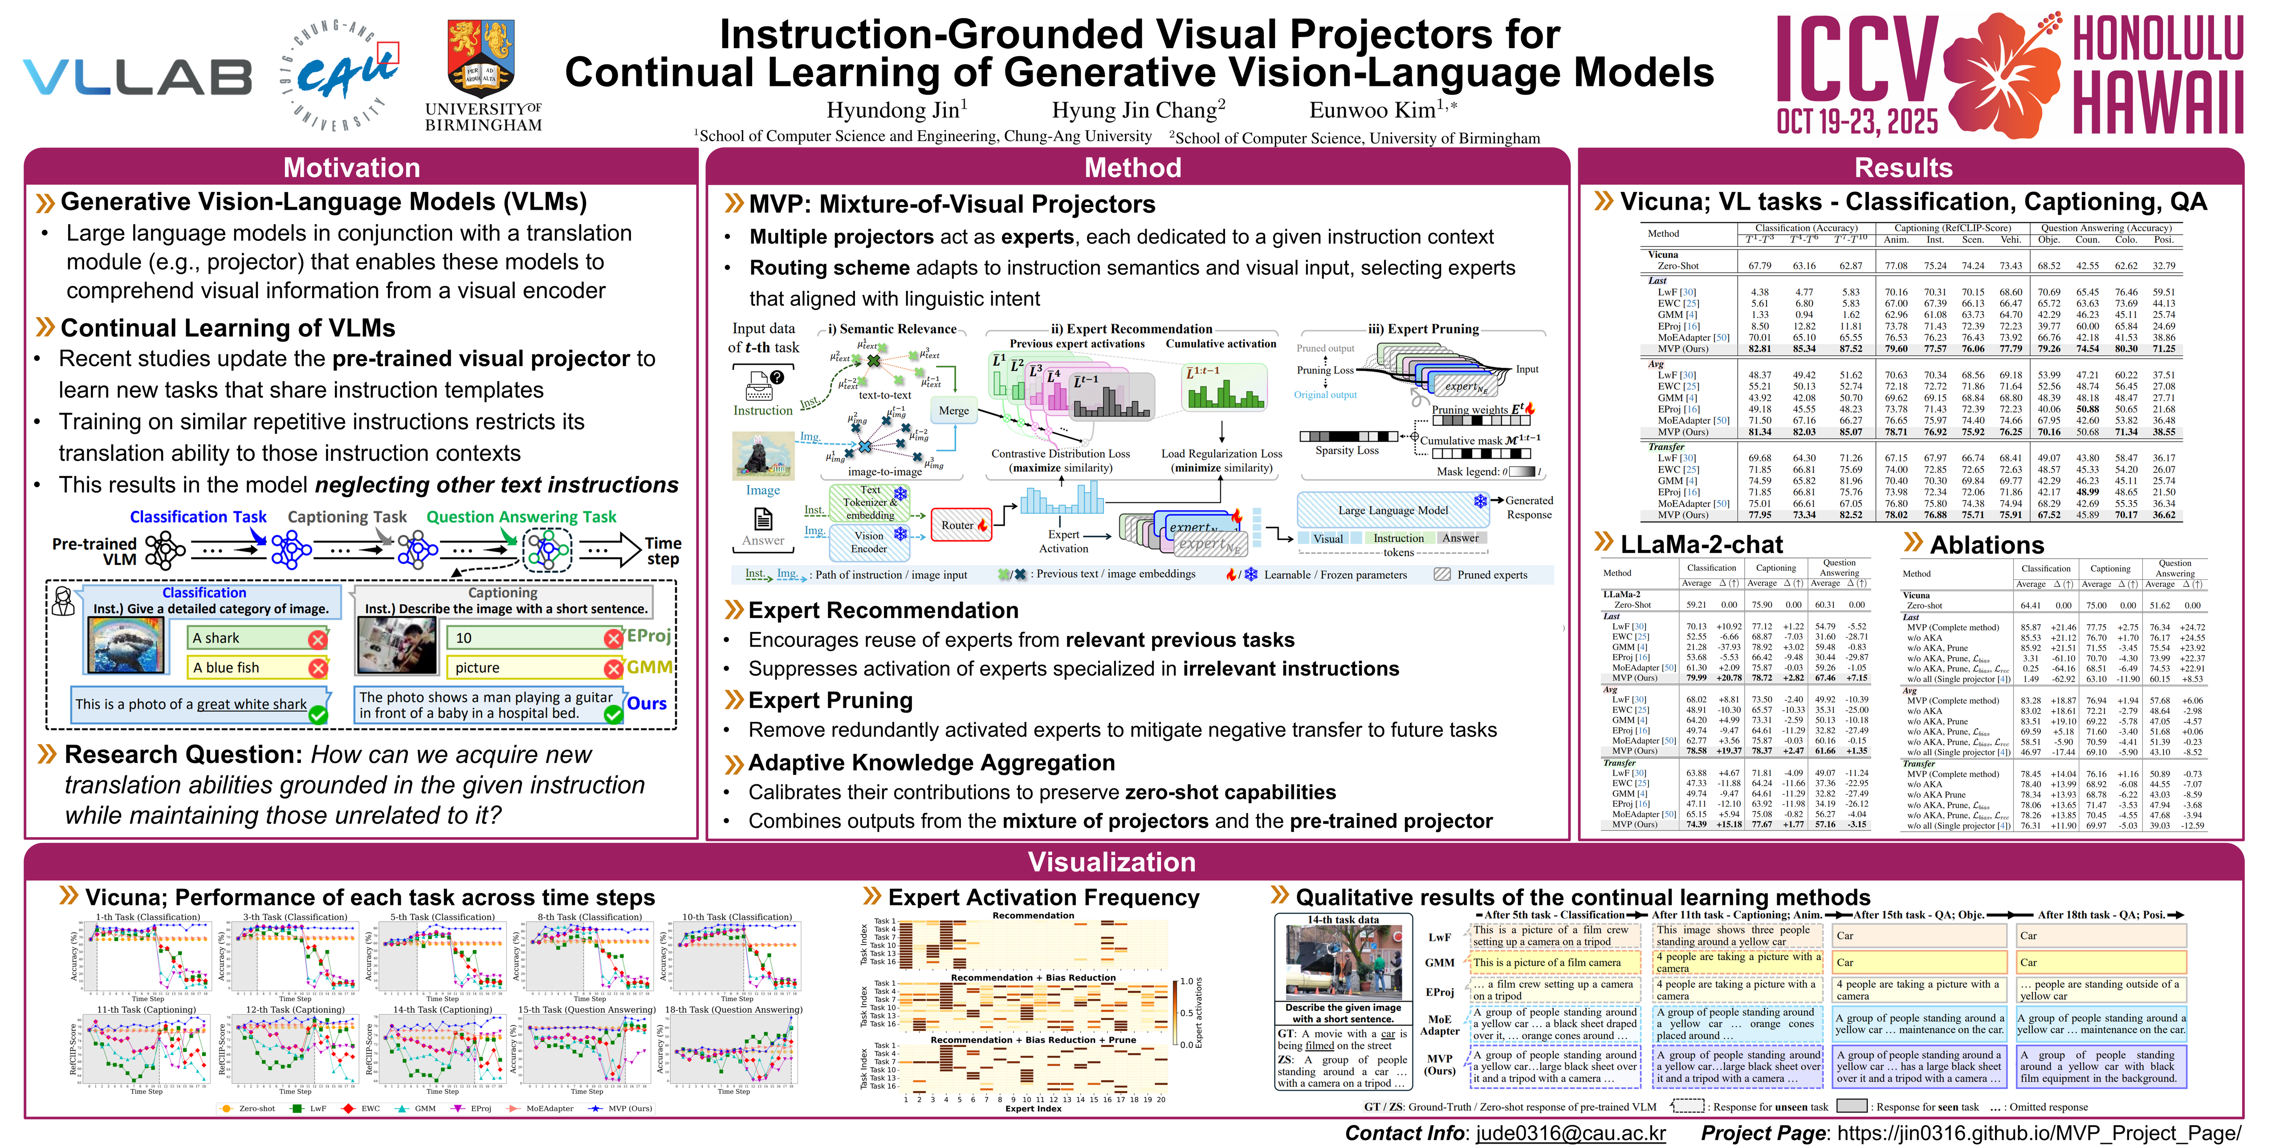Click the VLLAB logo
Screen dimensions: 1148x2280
(137, 78)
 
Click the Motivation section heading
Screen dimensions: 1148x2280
(351, 167)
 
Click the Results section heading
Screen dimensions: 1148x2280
(1903, 167)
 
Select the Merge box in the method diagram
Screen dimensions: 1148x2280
(953, 411)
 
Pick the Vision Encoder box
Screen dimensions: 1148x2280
(869, 541)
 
